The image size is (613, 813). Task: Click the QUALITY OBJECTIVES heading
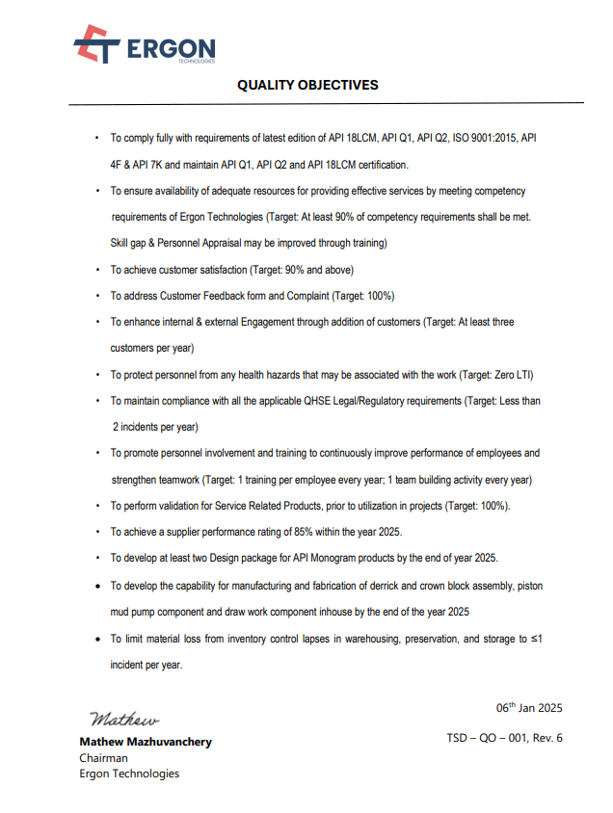click(307, 85)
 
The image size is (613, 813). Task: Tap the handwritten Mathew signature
click(124, 719)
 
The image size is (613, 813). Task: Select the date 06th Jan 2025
click(528, 708)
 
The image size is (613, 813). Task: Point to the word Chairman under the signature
click(103, 758)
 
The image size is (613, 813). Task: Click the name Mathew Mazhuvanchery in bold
click(145, 742)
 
